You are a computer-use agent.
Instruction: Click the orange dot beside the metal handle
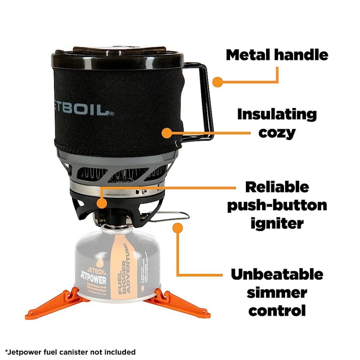point(217,82)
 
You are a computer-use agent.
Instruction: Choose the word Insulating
point(277,114)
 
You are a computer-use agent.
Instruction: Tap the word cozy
point(277,132)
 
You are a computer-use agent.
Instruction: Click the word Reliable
point(277,187)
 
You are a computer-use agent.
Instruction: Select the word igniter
point(277,223)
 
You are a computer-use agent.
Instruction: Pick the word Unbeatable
point(277,275)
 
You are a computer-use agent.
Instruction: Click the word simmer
point(277,292)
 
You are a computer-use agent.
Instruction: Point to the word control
point(277,310)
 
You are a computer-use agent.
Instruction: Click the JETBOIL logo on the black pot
point(82,110)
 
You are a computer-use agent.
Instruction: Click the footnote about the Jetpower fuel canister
point(70,352)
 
